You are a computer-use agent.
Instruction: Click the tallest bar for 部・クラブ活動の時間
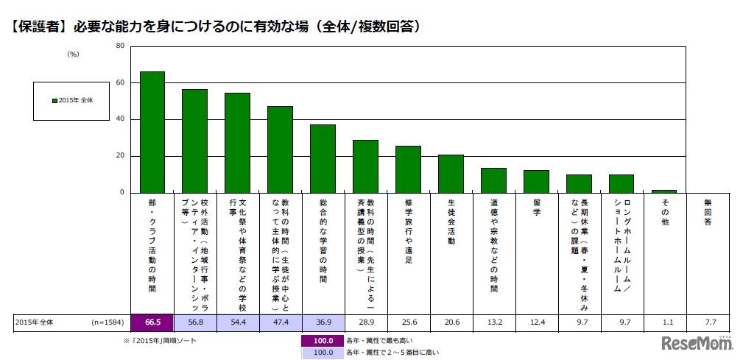pyautogui.click(x=152, y=133)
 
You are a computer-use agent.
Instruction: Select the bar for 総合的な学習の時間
pyautogui.click(x=323, y=159)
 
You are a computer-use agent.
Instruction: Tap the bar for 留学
pyautogui.click(x=536, y=182)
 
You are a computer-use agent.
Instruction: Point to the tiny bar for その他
pyautogui.click(x=664, y=191)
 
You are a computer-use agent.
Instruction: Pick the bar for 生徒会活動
pyautogui.click(x=451, y=174)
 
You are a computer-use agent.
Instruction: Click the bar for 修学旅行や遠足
pyautogui.click(x=408, y=169)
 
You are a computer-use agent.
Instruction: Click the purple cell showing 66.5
pyautogui.click(x=152, y=322)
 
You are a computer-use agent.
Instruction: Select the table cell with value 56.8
pyautogui.click(x=194, y=322)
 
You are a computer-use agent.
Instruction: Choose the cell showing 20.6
pyautogui.click(x=451, y=322)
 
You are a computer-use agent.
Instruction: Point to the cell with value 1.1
pyautogui.click(x=664, y=322)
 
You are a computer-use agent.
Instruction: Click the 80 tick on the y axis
pyautogui.click(x=120, y=46)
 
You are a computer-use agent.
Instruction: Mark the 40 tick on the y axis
pyautogui.click(x=120, y=119)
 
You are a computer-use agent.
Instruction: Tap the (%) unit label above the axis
pyautogui.click(x=73, y=54)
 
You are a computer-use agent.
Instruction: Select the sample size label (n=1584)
pyautogui.click(x=105, y=322)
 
